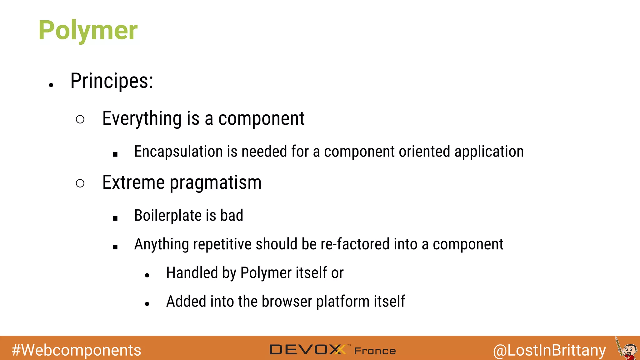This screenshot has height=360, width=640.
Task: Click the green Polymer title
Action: click(88, 30)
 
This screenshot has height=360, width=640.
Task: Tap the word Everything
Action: click(142, 119)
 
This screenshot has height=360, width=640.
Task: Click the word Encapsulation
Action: click(178, 152)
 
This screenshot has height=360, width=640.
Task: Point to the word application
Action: click(489, 152)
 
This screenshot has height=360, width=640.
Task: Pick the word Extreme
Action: click(133, 182)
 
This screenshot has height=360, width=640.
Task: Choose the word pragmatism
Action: click(216, 183)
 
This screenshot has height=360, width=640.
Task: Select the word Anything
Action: click(161, 244)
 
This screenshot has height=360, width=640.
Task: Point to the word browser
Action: click(287, 302)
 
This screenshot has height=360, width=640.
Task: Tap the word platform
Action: click(343, 302)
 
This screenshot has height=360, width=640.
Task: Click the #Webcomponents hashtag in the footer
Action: click(76, 350)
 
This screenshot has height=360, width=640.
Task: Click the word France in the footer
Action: click(375, 351)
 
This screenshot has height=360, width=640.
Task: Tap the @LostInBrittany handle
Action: click(549, 350)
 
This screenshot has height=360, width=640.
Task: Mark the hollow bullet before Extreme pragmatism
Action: click(80, 183)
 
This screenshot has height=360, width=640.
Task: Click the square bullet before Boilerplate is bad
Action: click(115, 218)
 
